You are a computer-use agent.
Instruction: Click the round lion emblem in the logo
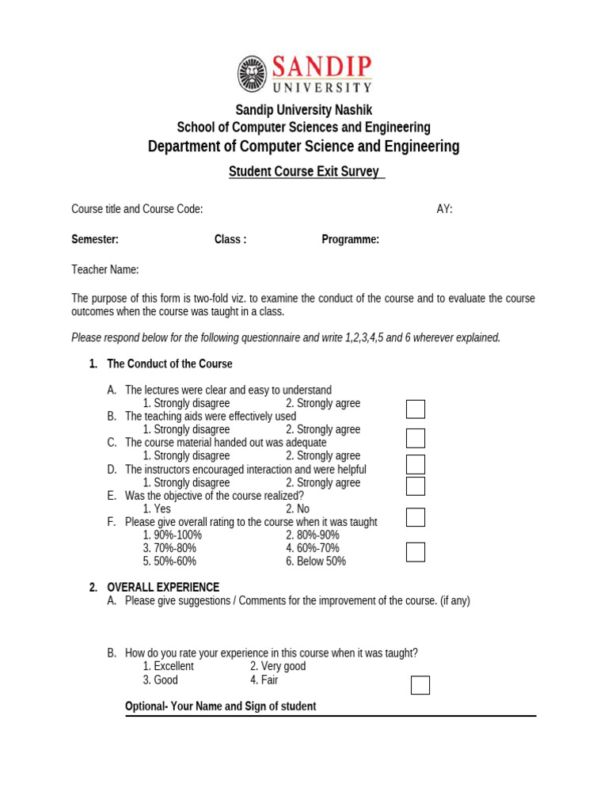(252, 74)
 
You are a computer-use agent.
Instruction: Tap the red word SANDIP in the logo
(321, 67)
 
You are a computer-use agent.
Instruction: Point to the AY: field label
(444, 209)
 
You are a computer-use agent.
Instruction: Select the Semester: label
(95, 240)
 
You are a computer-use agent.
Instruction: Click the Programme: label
(350, 240)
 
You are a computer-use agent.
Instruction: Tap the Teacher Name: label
(104, 270)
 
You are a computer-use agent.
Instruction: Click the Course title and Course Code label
(137, 209)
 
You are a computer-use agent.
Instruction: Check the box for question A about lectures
(416, 409)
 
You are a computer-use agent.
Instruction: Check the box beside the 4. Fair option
(420, 685)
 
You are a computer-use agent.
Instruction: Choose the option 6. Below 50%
(316, 562)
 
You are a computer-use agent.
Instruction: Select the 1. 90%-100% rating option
(173, 535)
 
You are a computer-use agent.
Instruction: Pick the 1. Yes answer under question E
(157, 509)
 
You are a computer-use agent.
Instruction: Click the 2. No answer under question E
(298, 509)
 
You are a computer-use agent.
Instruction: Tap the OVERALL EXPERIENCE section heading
(163, 588)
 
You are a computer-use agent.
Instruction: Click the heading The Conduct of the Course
(169, 364)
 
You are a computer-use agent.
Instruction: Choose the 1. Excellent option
(168, 667)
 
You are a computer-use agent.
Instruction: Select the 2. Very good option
(278, 667)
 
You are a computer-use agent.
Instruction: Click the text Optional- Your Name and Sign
(221, 706)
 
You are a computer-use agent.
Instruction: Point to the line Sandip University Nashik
(303, 110)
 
